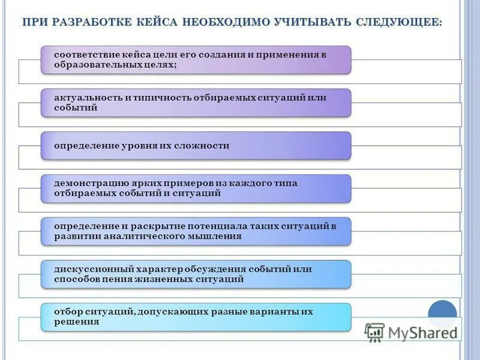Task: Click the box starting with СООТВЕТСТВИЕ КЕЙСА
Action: (196, 59)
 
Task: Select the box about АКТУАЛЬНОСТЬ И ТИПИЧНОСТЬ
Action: (196, 103)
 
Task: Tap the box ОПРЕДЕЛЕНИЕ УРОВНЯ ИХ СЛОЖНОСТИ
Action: (196, 146)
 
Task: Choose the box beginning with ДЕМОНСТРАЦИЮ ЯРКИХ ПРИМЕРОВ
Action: (196, 188)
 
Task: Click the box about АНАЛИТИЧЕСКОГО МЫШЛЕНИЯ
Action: (196, 231)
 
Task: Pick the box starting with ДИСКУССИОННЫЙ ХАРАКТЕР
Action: (196, 274)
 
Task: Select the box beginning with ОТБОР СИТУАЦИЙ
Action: (196, 317)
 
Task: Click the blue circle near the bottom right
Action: (442, 313)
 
